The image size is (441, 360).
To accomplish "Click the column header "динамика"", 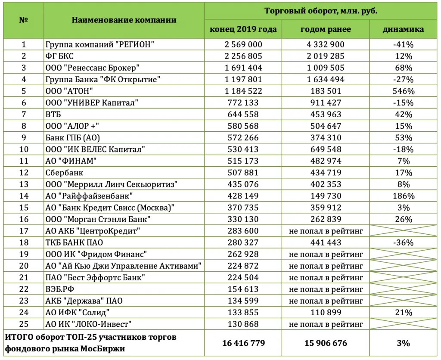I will pyautogui.click(x=403, y=29).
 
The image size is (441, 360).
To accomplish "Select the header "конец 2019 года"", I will pyautogui.click(x=243, y=29).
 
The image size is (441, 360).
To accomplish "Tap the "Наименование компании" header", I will pyautogui.click(x=124, y=20).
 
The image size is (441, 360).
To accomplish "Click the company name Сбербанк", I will pyautogui.click(x=64, y=173).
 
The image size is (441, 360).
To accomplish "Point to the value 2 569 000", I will pyautogui.click(x=243, y=44).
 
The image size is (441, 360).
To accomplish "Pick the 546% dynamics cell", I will pyautogui.click(x=403, y=91).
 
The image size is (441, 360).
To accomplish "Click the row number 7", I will pyautogui.click(x=24, y=114).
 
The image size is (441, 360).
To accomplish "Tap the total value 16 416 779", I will pyautogui.click(x=243, y=343).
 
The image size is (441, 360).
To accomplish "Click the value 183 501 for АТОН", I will pyautogui.click(x=326, y=91).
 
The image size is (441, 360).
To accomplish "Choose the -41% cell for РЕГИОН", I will pyautogui.click(x=403, y=44).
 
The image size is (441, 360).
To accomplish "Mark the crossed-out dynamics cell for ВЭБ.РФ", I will pyautogui.click(x=403, y=289).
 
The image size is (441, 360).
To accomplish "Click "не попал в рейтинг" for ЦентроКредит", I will pyautogui.click(x=326, y=231).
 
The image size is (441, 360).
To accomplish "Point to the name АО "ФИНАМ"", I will pyautogui.click(x=70, y=161).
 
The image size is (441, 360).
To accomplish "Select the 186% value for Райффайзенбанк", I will pyautogui.click(x=403, y=196).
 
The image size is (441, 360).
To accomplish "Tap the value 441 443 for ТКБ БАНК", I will pyautogui.click(x=326, y=242).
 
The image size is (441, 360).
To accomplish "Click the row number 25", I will pyautogui.click(x=24, y=324).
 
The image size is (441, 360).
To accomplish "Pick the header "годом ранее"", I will pyautogui.click(x=326, y=29).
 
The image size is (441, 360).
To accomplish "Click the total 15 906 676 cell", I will pyautogui.click(x=326, y=343).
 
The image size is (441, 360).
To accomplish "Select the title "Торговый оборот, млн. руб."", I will pyautogui.click(x=321, y=11).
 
